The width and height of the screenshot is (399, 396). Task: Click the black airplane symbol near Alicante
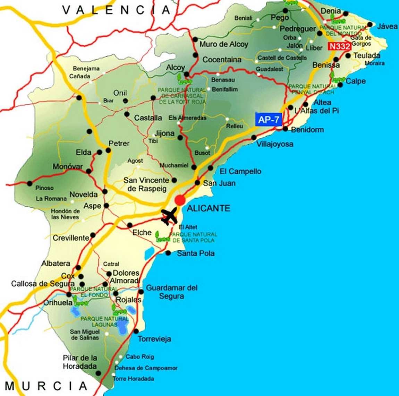coord(170,216)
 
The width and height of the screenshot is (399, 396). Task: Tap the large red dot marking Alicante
coord(180,200)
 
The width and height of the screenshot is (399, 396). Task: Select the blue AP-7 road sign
coord(269,120)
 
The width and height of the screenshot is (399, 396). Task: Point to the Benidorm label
coord(307,130)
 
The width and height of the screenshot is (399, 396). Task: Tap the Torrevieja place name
coord(154,339)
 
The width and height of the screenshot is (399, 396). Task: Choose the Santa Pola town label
coord(196,253)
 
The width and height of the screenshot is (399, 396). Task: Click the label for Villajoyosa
coord(275,144)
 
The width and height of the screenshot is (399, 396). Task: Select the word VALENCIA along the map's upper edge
coord(117,10)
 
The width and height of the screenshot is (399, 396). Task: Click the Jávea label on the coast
coord(387,26)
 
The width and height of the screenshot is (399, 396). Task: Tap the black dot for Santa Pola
coord(168,253)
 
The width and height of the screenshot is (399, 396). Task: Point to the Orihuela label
coord(58,302)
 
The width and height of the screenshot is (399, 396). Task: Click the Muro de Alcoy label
coord(224,44)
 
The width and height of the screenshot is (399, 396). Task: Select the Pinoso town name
coord(44,188)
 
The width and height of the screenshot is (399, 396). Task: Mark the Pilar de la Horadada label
coord(80,362)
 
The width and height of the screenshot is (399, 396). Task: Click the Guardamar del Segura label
coord(171,292)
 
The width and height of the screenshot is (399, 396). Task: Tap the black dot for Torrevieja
coord(136,331)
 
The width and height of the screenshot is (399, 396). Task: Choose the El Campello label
coord(240,171)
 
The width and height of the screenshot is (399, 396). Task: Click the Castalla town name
coord(148,118)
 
